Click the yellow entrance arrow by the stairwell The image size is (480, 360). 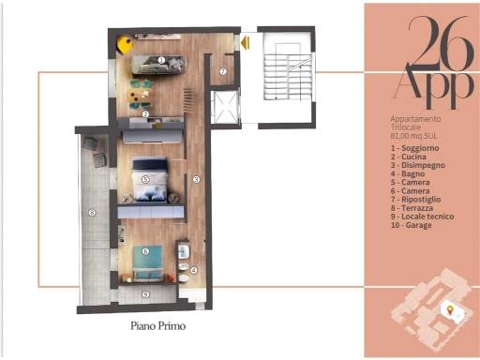[x=246, y=43]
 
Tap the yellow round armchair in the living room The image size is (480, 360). [x=125, y=45]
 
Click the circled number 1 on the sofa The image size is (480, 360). [x=161, y=60]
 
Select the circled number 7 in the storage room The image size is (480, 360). [x=223, y=71]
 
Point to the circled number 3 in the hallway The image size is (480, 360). [x=196, y=179]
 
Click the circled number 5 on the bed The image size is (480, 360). [x=145, y=179]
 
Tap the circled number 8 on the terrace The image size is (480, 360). [x=92, y=213]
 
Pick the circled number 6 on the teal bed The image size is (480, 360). [x=145, y=251]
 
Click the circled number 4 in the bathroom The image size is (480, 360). [x=194, y=270]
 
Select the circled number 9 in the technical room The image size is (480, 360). [x=145, y=294]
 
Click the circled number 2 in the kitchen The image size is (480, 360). [x=145, y=114]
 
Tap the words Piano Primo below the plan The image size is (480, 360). [x=158, y=326]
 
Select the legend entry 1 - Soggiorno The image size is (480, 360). [x=415, y=148]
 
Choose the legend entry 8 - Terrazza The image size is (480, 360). [x=412, y=208]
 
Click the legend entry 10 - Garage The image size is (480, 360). [x=412, y=225]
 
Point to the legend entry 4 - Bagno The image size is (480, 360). [x=408, y=173]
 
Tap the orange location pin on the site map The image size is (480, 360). [x=450, y=310]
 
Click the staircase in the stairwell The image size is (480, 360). [x=288, y=77]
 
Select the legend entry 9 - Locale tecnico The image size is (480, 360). [x=423, y=217]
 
